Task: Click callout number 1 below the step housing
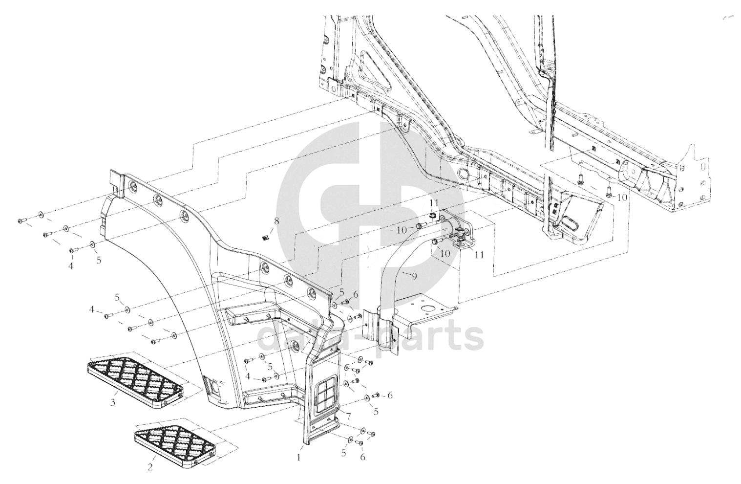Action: [x=298, y=458]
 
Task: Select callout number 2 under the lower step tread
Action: [x=150, y=467]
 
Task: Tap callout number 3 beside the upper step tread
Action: [x=113, y=402]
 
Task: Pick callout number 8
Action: [x=276, y=221]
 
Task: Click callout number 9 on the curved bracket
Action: [x=414, y=276]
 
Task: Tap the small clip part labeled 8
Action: [x=264, y=237]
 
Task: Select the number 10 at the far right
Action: [x=622, y=198]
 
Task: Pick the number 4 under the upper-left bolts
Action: [x=70, y=265]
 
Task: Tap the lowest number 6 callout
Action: [x=362, y=457]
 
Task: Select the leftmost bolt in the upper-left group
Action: [x=22, y=220]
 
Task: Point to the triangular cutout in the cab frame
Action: [x=376, y=73]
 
